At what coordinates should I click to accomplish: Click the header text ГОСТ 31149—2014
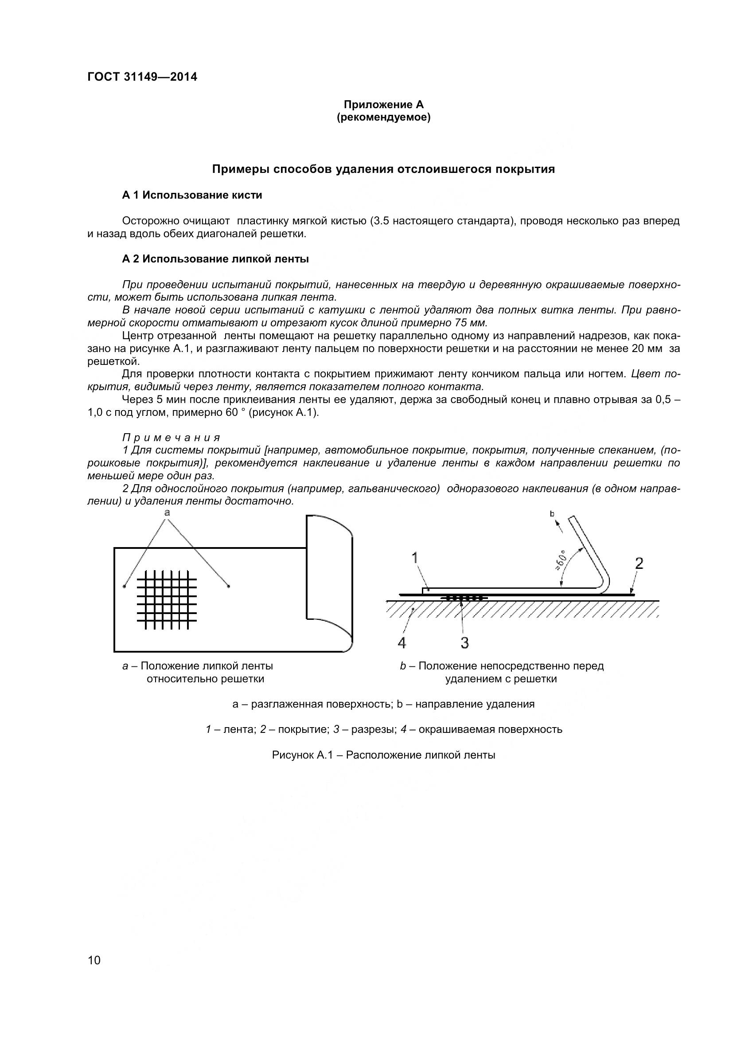(x=142, y=77)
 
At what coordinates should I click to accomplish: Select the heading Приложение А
(x=383, y=105)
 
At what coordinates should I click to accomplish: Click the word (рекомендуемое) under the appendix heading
(x=383, y=118)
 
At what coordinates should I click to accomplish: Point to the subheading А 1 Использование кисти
(x=192, y=195)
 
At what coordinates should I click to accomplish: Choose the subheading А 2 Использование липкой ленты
(x=215, y=259)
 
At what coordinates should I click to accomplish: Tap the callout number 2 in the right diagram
(x=639, y=563)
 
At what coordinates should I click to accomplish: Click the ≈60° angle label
(x=561, y=560)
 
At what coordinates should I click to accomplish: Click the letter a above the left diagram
(x=167, y=512)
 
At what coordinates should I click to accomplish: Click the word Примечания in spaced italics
(x=172, y=437)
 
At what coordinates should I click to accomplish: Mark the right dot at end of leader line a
(x=228, y=586)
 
